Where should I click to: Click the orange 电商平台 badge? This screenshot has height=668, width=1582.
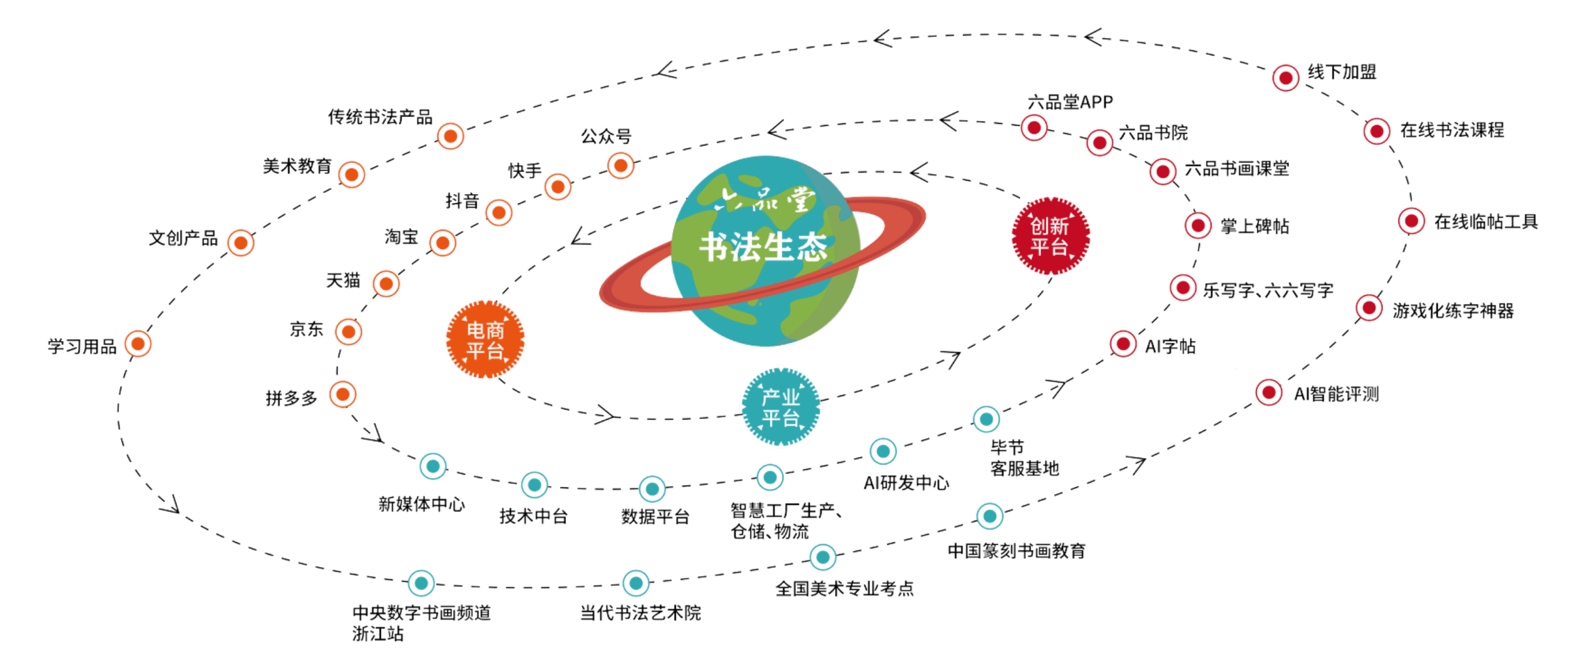[485, 340]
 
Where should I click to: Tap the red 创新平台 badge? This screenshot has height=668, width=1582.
[1051, 236]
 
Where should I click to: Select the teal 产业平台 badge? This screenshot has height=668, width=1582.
[781, 407]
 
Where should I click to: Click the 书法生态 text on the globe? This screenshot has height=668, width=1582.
[763, 247]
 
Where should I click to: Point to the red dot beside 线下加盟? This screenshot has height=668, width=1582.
[1285, 78]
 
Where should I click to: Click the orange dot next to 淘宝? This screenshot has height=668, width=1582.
[443, 243]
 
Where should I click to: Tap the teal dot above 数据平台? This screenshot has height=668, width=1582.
[652, 489]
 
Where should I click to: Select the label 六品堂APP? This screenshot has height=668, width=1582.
[1070, 102]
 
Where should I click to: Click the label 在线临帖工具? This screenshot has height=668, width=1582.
[1486, 222]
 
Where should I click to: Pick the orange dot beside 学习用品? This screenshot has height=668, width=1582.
[138, 344]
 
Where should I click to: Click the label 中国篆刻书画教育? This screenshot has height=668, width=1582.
[1017, 551]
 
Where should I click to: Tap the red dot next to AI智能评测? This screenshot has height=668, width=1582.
[1269, 393]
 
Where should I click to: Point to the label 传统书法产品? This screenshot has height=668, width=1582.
[380, 117]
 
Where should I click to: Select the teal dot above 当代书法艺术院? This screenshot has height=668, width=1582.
[636, 583]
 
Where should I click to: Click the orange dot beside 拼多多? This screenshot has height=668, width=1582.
[343, 395]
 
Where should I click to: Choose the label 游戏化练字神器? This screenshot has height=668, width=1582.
[1453, 311]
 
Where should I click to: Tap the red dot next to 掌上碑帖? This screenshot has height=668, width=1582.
[1198, 225]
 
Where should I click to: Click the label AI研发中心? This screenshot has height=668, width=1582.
[906, 483]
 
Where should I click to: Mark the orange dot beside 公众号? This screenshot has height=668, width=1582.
[620, 166]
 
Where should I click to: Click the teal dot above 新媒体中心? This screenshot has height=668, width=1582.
[433, 466]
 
